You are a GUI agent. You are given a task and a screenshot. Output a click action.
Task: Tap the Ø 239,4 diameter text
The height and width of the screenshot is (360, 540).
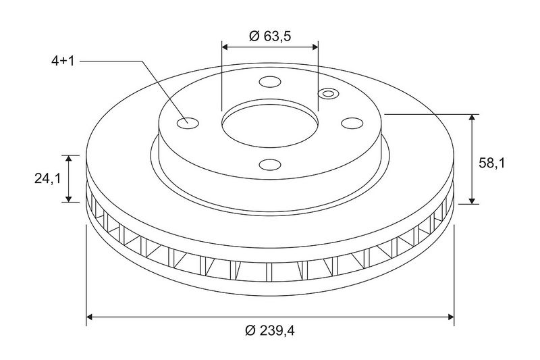click(x=270, y=331)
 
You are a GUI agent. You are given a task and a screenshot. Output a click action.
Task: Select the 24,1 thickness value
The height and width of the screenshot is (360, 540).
click(x=47, y=178)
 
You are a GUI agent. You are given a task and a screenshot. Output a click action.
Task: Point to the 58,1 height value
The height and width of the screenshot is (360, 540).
click(x=492, y=163)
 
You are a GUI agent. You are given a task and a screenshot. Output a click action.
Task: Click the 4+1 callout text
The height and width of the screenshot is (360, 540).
click(x=63, y=61)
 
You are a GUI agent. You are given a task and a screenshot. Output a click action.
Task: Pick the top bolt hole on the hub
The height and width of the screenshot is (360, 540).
click(x=270, y=82)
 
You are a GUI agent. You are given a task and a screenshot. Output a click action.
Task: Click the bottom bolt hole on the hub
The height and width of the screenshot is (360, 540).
click(x=270, y=165)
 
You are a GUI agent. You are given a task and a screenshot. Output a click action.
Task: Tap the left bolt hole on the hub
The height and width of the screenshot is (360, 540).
click(x=188, y=123)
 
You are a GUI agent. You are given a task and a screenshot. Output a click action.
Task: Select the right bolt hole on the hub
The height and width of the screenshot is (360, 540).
click(x=352, y=123)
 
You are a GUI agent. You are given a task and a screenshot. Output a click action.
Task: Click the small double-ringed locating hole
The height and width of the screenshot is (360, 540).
click(x=328, y=93)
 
